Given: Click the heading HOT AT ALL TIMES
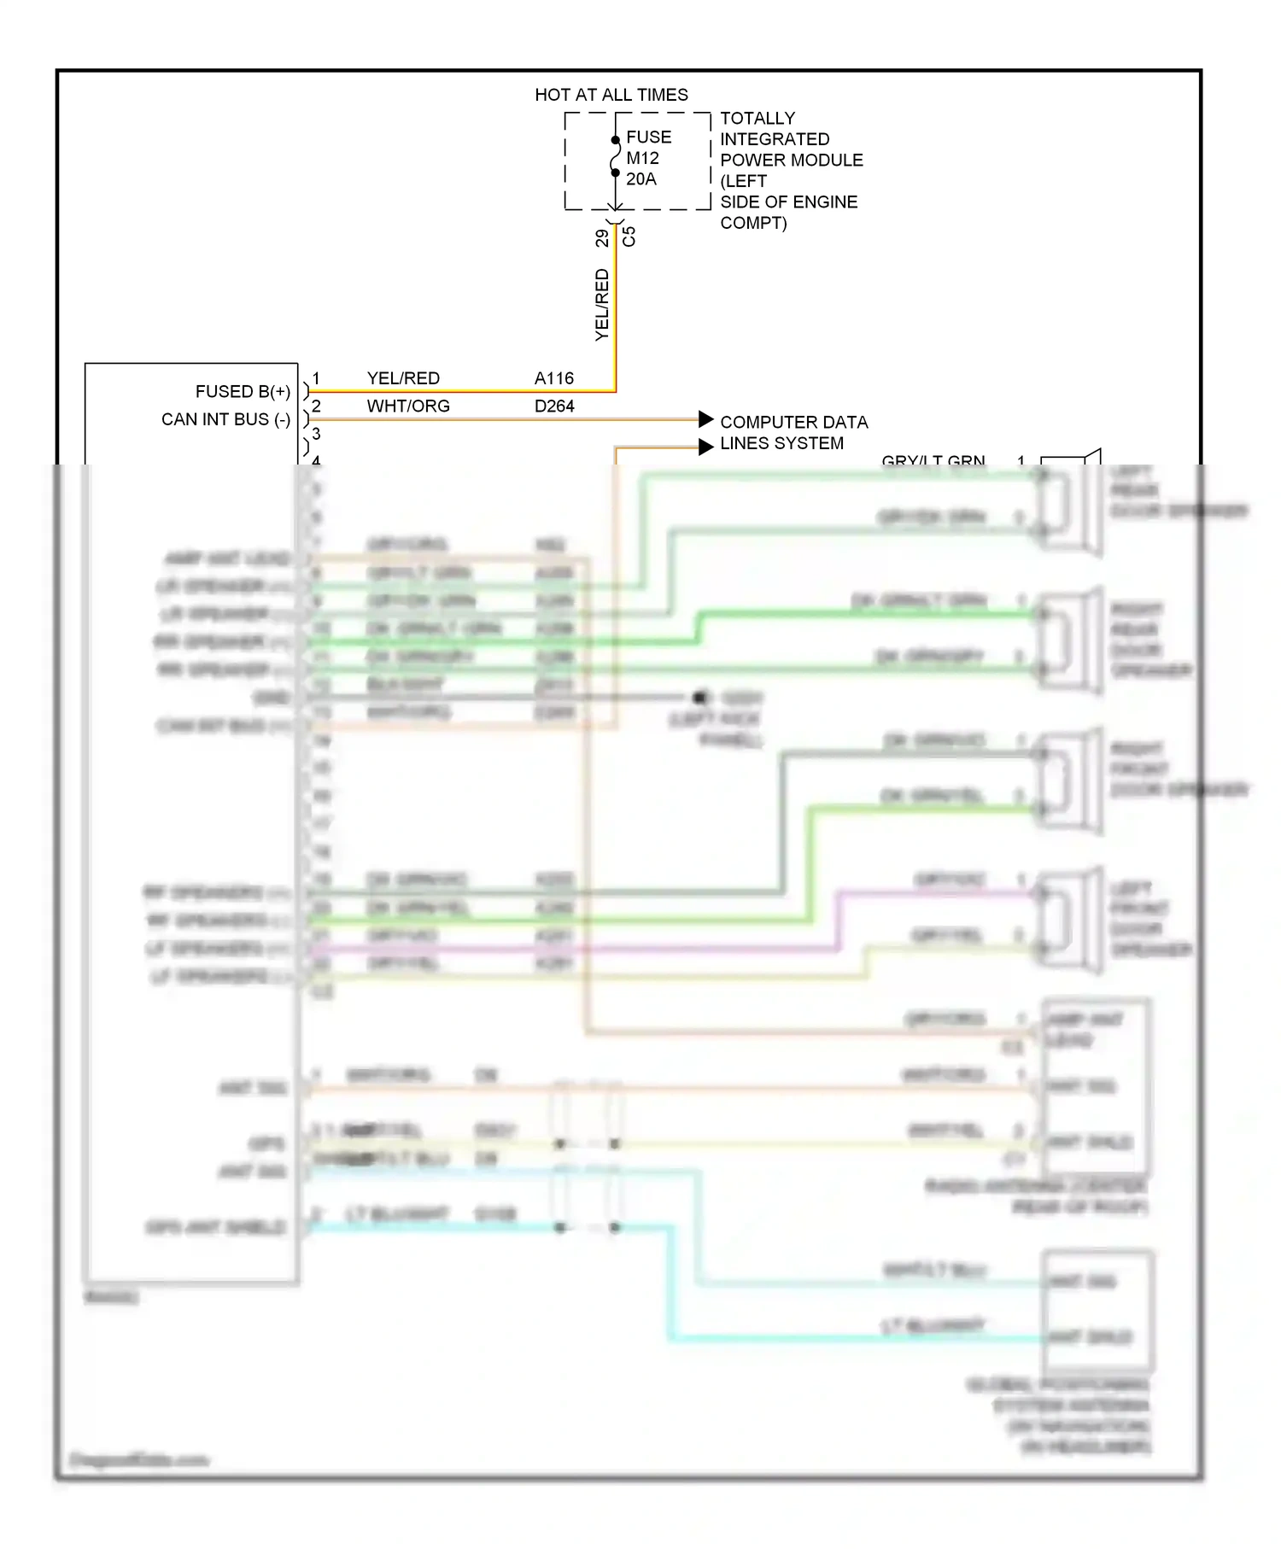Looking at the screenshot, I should (611, 95).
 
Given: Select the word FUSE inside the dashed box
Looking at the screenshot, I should (648, 137).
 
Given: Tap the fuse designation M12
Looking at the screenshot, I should (642, 158).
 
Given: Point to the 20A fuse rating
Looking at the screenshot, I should (641, 179).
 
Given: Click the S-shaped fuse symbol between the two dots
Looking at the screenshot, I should (615, 157).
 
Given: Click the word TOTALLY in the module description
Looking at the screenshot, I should (757, 118).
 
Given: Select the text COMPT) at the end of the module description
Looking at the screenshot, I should (752, 223).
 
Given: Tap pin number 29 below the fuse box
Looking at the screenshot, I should (602, 237).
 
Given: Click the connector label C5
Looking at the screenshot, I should (629, 237).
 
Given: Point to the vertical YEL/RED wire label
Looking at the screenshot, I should (602, 305).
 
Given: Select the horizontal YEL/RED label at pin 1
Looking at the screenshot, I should (403, 378).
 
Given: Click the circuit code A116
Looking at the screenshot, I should (554, 378).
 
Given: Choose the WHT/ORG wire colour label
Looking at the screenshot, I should (408, 406).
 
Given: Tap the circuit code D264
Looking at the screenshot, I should (554, 406).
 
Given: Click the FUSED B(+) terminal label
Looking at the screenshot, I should (243, 392).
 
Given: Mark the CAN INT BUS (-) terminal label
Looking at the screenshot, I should (225, 419).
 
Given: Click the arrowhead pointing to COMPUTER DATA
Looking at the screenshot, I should (705, 419).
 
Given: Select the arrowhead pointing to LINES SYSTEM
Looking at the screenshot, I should (705, 447).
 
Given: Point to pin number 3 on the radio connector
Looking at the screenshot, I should (316, 434).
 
